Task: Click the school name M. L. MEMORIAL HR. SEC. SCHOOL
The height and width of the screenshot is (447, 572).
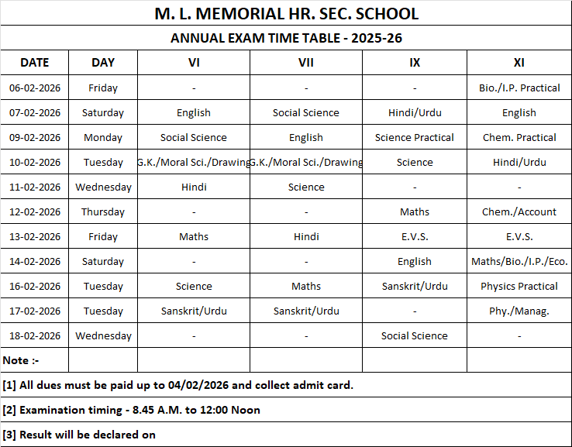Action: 286,14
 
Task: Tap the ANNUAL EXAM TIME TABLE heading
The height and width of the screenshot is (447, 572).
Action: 286,38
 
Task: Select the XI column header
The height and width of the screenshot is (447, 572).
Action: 519,63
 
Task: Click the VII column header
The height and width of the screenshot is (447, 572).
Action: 305,63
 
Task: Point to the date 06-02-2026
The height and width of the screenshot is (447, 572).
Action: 34,88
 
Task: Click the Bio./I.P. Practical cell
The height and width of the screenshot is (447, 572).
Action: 519,88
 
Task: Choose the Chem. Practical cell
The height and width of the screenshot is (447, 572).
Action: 519,137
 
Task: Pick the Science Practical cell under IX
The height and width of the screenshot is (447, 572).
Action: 415,137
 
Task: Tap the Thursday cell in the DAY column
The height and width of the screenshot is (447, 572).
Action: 103,211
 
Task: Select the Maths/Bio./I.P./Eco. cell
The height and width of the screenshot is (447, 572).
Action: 519,261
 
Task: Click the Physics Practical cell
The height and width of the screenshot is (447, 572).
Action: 519,286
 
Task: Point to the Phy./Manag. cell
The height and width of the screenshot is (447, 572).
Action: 519,311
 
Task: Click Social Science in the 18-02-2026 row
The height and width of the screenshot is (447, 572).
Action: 415,335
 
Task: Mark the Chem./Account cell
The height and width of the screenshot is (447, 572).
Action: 519,211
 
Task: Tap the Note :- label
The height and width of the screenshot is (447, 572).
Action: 21,360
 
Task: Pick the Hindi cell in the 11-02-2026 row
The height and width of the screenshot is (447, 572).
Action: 194,187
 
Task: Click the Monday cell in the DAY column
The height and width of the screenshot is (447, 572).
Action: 103,137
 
